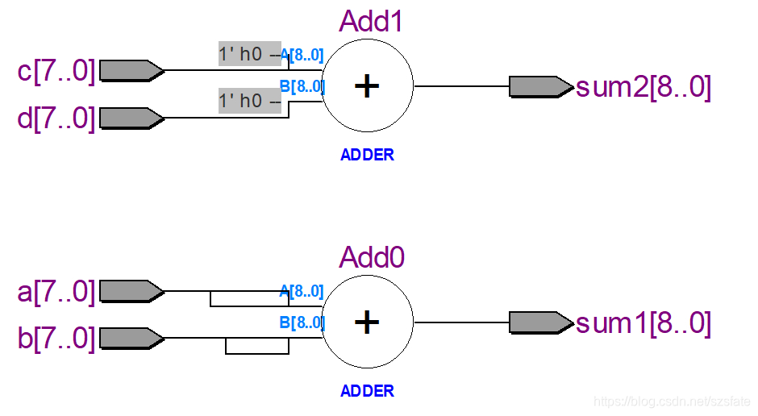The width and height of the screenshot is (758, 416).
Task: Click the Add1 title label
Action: (371, 21)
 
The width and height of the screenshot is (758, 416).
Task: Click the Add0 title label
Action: (371, 257)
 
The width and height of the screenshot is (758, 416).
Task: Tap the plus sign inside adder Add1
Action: (367, 86)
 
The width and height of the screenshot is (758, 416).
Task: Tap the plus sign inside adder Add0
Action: (367, 322)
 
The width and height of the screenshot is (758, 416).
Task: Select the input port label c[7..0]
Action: (56, 71)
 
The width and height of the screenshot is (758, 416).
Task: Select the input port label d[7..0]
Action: (56, 119)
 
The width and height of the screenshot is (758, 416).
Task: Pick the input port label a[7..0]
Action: (56, 291)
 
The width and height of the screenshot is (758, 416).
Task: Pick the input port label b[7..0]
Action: (56, 338)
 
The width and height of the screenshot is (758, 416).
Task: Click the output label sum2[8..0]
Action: (643, 87)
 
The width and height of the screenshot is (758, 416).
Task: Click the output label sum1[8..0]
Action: (643, 323)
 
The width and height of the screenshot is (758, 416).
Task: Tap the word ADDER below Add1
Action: (367, 155)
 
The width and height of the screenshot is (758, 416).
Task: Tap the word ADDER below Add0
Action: (367, 391)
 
